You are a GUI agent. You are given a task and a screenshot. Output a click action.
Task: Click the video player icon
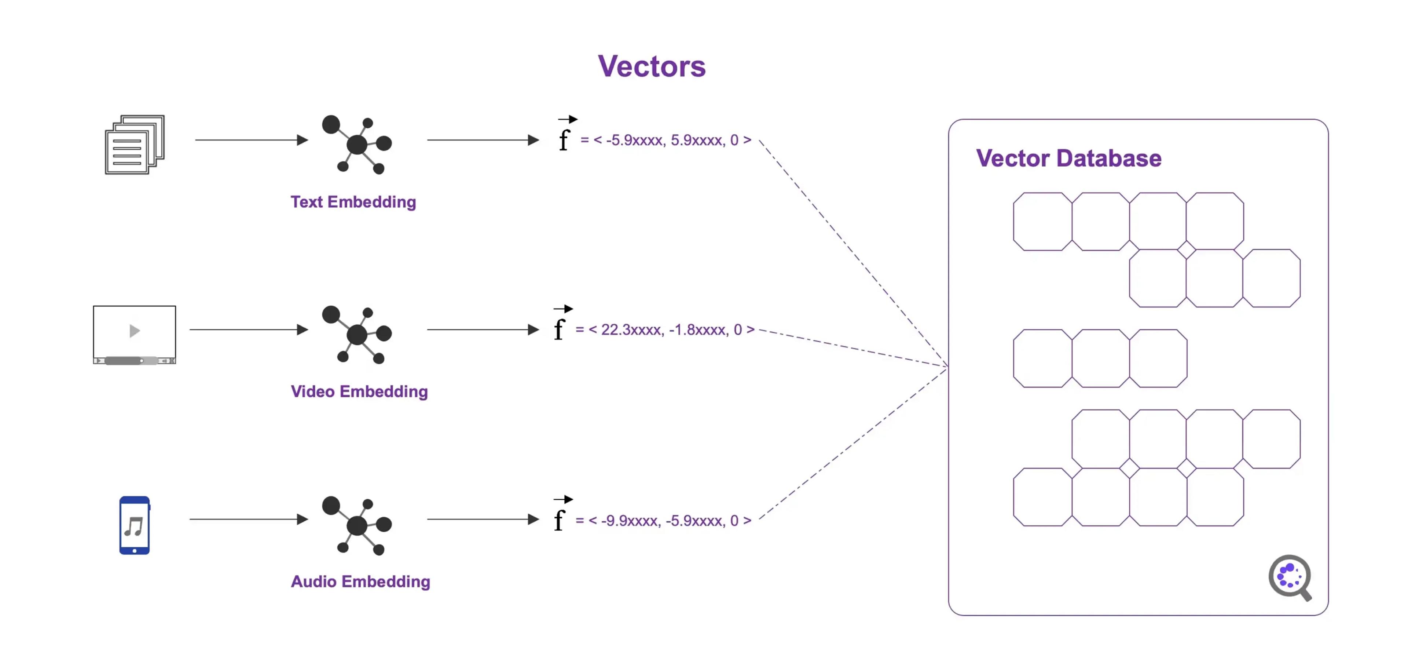pyautogui.click(x=135, y=334)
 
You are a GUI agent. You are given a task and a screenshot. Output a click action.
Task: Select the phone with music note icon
pyautogui.click(x=135, y=525)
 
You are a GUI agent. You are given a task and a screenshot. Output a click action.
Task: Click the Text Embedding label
pyautogui.click(x=353, y=202)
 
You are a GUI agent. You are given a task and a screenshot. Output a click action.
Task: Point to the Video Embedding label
pyautogui.click(x=359, y=391)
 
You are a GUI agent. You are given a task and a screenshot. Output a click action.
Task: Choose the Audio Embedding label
pyautogui.click(x=360, y=581)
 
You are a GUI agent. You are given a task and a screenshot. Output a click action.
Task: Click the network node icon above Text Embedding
pyautogui.click(x=356, y=144)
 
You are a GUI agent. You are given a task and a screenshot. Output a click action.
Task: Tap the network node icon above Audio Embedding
pyautogui.click(x=356, y=525)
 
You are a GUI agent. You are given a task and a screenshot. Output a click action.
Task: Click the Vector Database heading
pyautogui.click(x=1068, y=158)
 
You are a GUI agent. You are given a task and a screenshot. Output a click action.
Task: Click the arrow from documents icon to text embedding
pyautogui.click(x=252, y=140)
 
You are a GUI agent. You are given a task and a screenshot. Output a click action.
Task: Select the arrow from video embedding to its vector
pyautogui.click(x=483, y=330)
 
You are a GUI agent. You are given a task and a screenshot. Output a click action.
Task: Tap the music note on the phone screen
pyautogui.click(x=134, y=526)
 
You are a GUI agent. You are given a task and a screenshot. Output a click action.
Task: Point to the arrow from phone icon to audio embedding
pyautogui.click(x=249, y=519)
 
